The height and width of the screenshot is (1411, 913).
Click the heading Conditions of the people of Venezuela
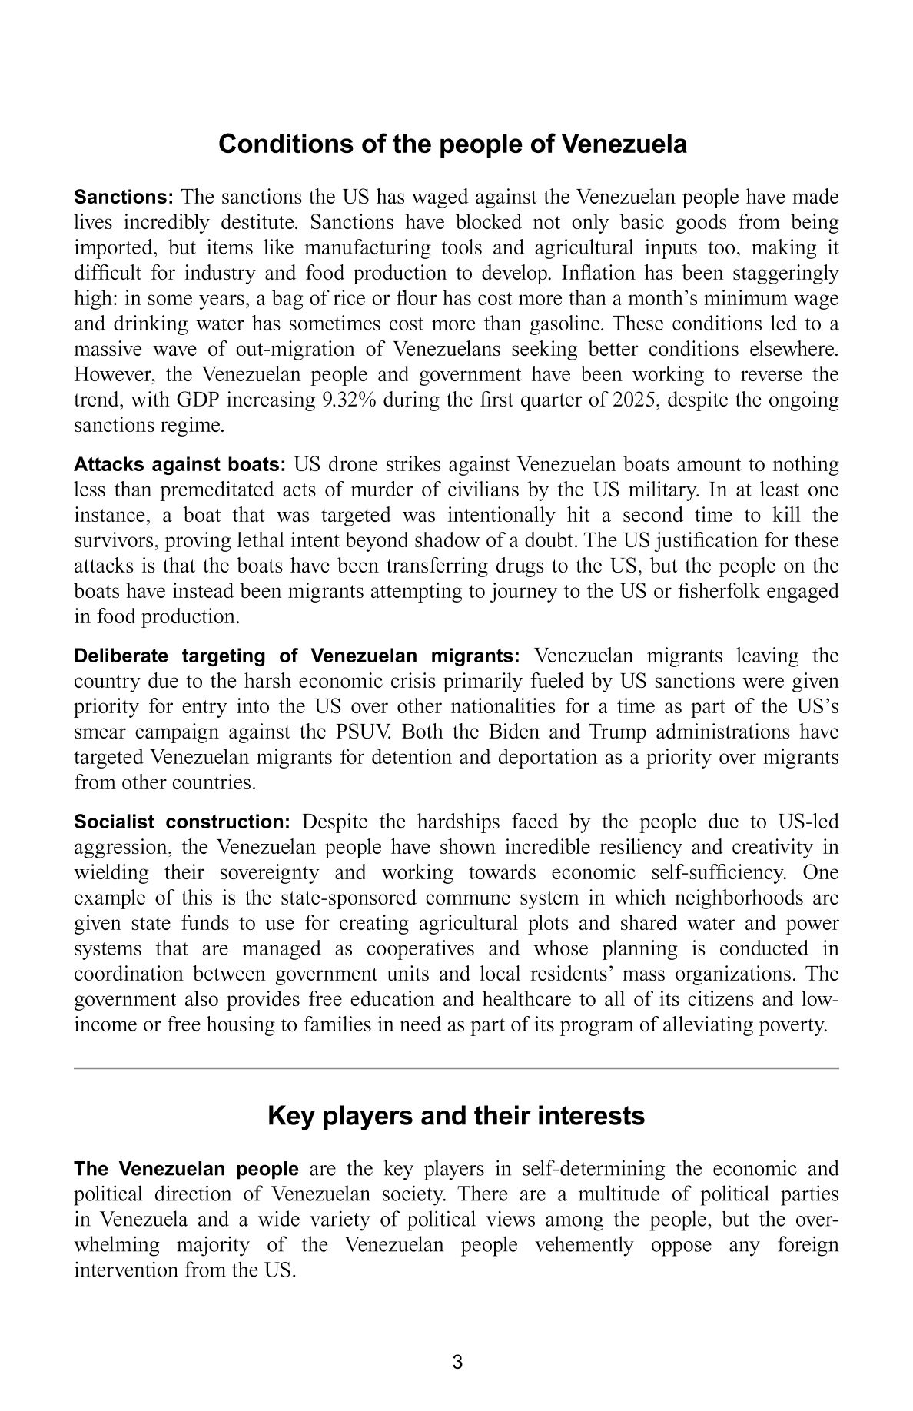point(452,144)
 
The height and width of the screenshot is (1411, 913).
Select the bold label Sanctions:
point(124,198)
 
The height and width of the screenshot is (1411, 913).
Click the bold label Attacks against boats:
point(180,465)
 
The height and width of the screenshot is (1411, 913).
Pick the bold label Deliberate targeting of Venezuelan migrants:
point(297,656)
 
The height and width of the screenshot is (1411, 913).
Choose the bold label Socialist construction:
point(182,822)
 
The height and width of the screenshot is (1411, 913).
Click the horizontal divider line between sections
point(456,1068)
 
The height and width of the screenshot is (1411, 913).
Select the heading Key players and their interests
point(456,1116)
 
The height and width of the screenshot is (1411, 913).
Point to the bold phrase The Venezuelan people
point(186,1170)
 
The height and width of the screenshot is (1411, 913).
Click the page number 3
point(457,1363)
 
